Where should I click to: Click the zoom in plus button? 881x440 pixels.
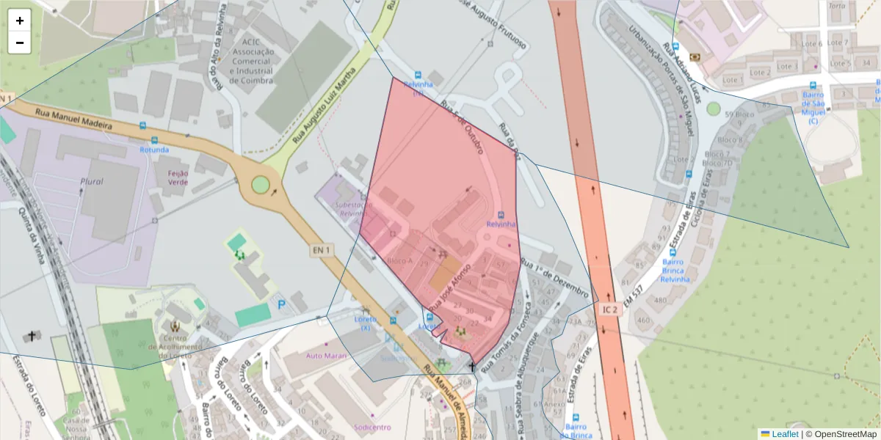(x=20, y=21)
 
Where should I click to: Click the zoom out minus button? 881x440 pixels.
(x=20, y=43)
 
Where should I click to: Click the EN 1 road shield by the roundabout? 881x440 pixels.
(x=322, y=250)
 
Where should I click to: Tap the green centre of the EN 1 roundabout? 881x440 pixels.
(x=260, y=184)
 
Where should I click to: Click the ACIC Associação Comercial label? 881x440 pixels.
(x=252, y=62)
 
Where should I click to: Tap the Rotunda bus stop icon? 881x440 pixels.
(x=154, y=139)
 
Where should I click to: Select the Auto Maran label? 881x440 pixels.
(x=326, y=356)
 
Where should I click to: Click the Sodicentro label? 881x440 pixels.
(x=372, y=427)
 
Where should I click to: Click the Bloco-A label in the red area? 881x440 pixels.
(x=399, y=260)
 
